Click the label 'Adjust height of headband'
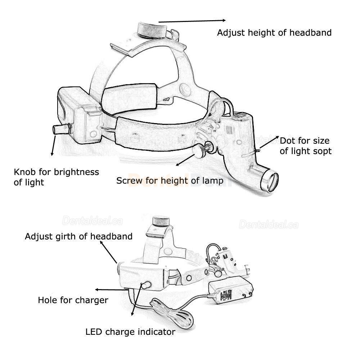[274, 33]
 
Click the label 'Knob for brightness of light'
[56, 177]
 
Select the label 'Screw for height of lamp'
[170, 181]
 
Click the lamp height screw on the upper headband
[201, 151]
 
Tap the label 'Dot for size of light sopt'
[306, 146]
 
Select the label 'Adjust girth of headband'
[78, 237]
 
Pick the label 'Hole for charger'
[73, 300]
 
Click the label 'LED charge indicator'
[130, 332]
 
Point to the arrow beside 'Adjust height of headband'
[192, 21]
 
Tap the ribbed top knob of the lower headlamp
[161, 221]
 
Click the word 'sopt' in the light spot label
[322, 151]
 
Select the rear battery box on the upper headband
[79, 114]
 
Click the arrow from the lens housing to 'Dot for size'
[269, 142]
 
